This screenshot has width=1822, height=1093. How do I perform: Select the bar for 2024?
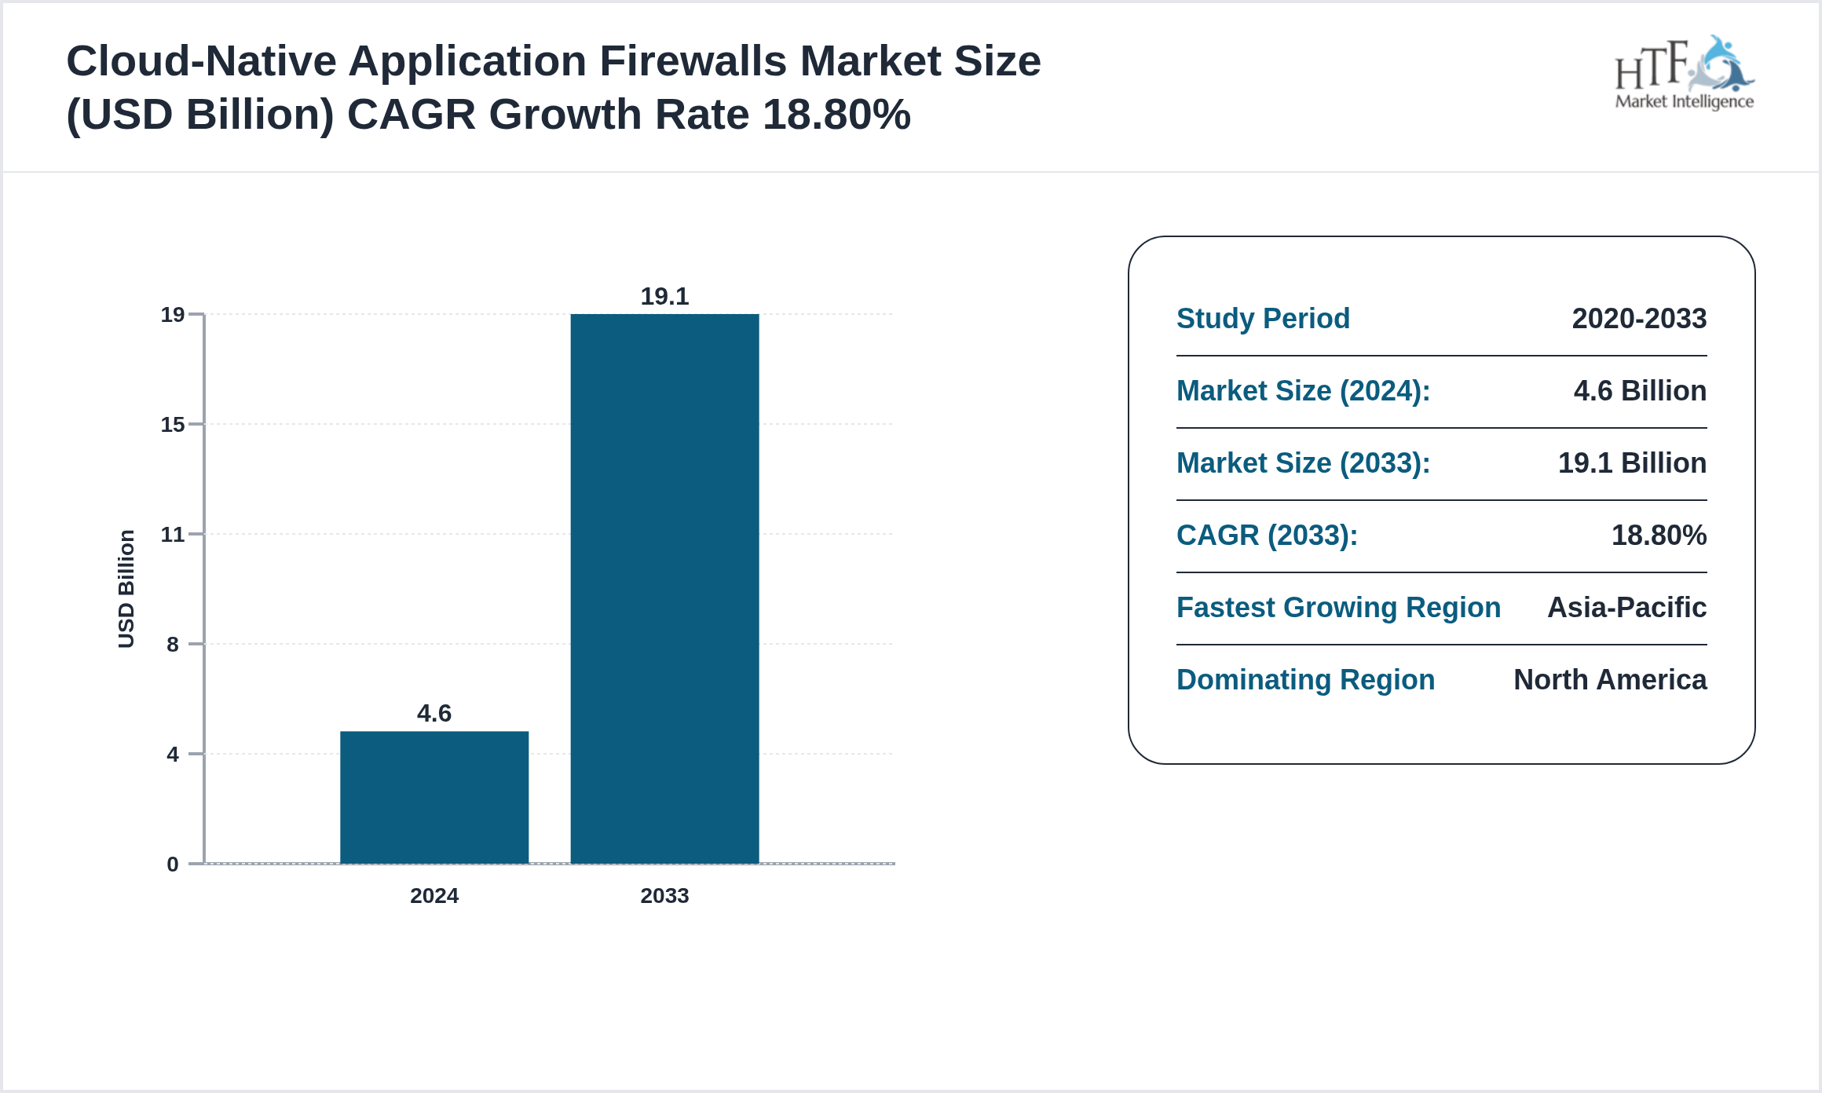coord(434,797)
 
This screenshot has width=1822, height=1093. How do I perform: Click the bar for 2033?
coord(664,589)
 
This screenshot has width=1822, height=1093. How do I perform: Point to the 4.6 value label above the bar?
coord(434,713)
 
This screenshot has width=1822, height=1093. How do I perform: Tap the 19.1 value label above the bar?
coord(664,296)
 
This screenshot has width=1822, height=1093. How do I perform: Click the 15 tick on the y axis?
coord(173,425)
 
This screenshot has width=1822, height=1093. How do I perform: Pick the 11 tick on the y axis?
coord(173,535)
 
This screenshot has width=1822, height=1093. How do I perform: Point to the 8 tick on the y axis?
coord(173,645)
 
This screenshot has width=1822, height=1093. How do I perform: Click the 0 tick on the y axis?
coord(173,865)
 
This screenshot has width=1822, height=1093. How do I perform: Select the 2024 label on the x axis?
coord(434,896)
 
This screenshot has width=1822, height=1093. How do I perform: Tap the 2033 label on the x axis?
coord(664,896)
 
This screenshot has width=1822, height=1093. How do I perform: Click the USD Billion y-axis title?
coord(126,589)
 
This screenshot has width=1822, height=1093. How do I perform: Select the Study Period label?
coord(1263,319)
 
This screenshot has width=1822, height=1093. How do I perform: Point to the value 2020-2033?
coord(1639,319)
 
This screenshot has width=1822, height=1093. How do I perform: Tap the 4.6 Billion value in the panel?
coord(1640,391)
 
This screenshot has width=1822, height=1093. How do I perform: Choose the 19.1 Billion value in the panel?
coord(1632,463)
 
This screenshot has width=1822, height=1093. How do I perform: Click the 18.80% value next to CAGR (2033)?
coord(1659,536)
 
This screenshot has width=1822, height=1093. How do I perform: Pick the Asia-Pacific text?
coord(1626,608)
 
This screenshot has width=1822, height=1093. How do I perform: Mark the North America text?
coord(1610,680)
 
